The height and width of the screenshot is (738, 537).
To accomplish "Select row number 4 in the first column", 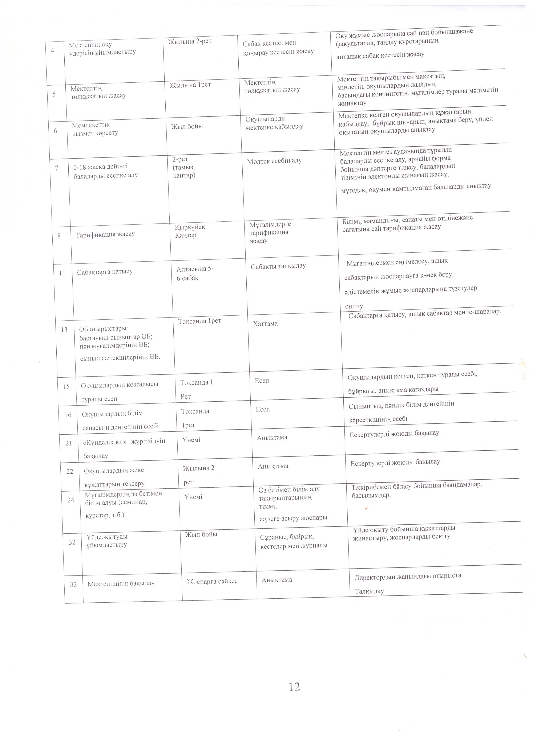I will click(x=52, y=51).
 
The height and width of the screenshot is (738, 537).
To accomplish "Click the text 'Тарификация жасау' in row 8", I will click(x=105, y=234).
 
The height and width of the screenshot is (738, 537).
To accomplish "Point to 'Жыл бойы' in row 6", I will click(x=187, y=126).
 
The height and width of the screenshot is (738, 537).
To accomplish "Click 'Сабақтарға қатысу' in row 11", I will click(x=105, y=272).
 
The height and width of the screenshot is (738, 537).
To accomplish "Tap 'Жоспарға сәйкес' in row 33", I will click(x=212, y=581).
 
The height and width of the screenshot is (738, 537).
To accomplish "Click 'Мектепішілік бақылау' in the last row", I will click(x=121, y=583).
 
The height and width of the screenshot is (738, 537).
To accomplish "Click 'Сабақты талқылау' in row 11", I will click(x=278, y=266).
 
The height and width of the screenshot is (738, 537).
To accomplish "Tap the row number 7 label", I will click(x=57, y=168).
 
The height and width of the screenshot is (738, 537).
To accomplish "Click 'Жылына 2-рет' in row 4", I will click(x=190, y=41).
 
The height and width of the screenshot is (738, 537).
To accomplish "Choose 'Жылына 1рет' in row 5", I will click(x=190, y=85).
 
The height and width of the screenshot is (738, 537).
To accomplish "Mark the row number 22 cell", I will click(x=70, y=471).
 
